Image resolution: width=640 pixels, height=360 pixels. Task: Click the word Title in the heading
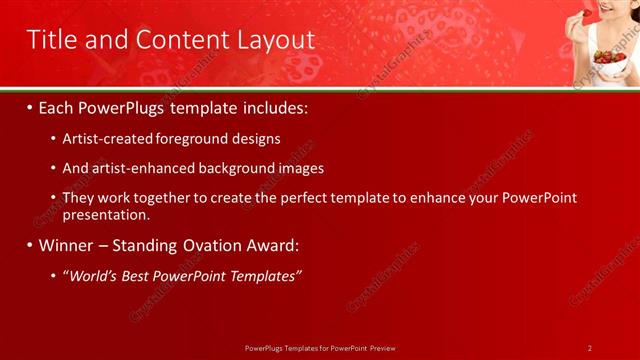point(51,40)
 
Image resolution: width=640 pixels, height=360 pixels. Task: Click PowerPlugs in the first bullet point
point(123,107)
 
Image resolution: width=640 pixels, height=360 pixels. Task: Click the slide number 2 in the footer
point(590,348)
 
